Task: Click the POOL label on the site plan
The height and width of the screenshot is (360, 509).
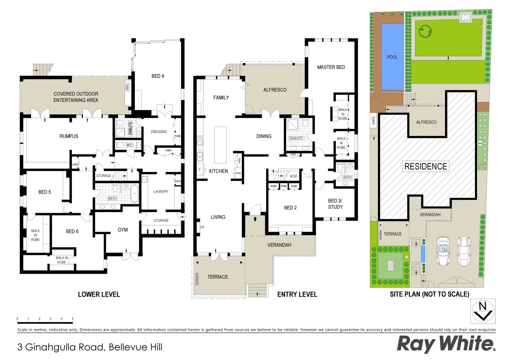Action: [392, 57]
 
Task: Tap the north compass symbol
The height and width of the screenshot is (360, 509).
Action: [483, 311]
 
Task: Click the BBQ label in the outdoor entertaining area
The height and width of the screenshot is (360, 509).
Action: [127, 87]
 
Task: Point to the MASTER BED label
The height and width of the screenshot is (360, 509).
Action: [331, 67]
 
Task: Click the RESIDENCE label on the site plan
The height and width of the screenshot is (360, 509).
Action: [425, 166]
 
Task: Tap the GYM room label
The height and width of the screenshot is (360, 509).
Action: [123, 230]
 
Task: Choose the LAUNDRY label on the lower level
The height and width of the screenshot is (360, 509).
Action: [161, 191]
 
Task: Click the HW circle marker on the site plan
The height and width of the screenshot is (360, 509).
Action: [480, 143]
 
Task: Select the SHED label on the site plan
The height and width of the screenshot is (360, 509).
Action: [373, 120]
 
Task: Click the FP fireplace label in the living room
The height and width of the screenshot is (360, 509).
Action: [202, 227]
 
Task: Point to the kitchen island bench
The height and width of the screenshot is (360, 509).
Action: [220, 144]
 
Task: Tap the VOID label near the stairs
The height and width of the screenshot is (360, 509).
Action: [293, 176]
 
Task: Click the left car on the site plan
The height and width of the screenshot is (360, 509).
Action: [443, 251]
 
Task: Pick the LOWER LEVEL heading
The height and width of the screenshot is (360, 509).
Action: [99, 294]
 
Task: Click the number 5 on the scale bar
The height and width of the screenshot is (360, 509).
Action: [72, 319]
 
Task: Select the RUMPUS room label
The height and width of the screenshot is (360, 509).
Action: [69, 136]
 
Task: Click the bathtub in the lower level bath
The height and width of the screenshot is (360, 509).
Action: [134, 194]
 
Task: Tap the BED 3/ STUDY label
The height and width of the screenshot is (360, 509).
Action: [335, 204]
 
